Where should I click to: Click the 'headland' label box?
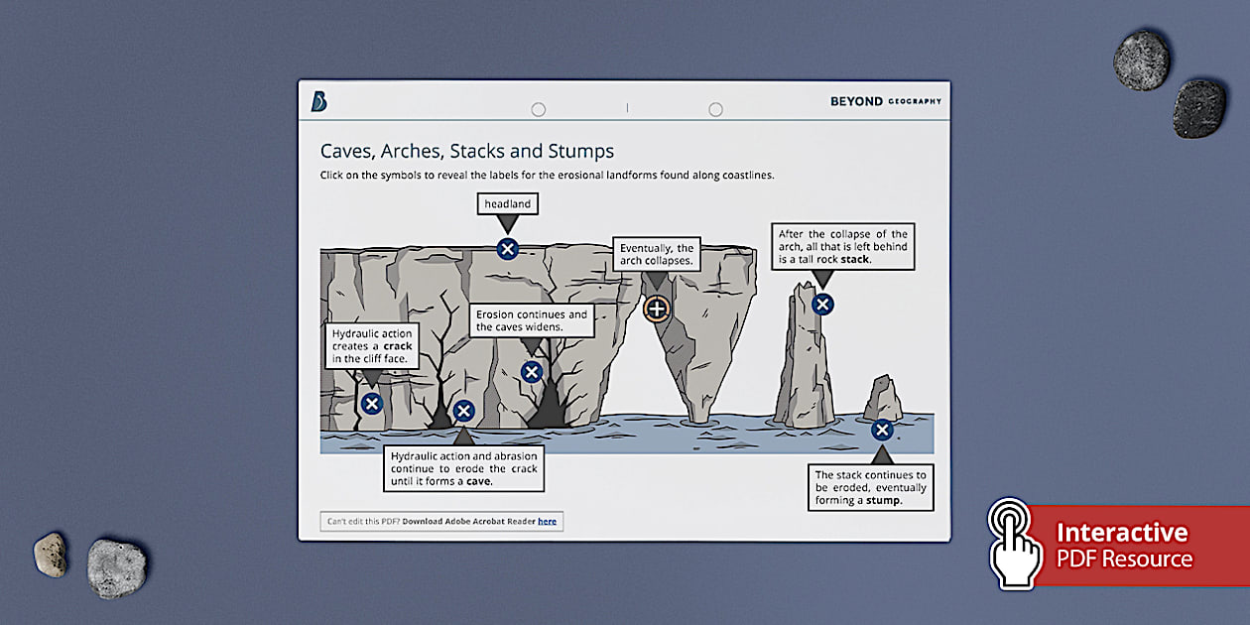(x=507, y=204)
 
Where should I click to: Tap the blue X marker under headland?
(x=507, y=249)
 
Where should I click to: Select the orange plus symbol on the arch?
(x=656, y=309)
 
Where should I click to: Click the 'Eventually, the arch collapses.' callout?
(x=656, y=255)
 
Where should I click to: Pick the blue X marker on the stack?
(x=821, y=305)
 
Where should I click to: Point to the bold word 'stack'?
(x=853, y=260)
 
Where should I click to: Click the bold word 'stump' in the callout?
(x=882, y=501)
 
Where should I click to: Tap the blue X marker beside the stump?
(x=881, y=430)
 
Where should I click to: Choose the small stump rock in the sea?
(x=882, y=399)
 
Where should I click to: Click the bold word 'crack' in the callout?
(x=397, y=346)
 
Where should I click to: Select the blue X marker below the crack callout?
(x=371, y=404)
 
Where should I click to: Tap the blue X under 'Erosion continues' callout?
(x=532, y=372)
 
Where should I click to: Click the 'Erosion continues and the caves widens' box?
(x=531, y=320)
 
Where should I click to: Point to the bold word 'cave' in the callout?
(x=478, y=481)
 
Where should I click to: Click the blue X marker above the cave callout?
(x=463, y=411)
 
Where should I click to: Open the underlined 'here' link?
(x=547, y=522)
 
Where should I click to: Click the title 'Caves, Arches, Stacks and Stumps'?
(x=466, y=151)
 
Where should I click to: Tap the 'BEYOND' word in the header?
(x=855, y=101)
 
